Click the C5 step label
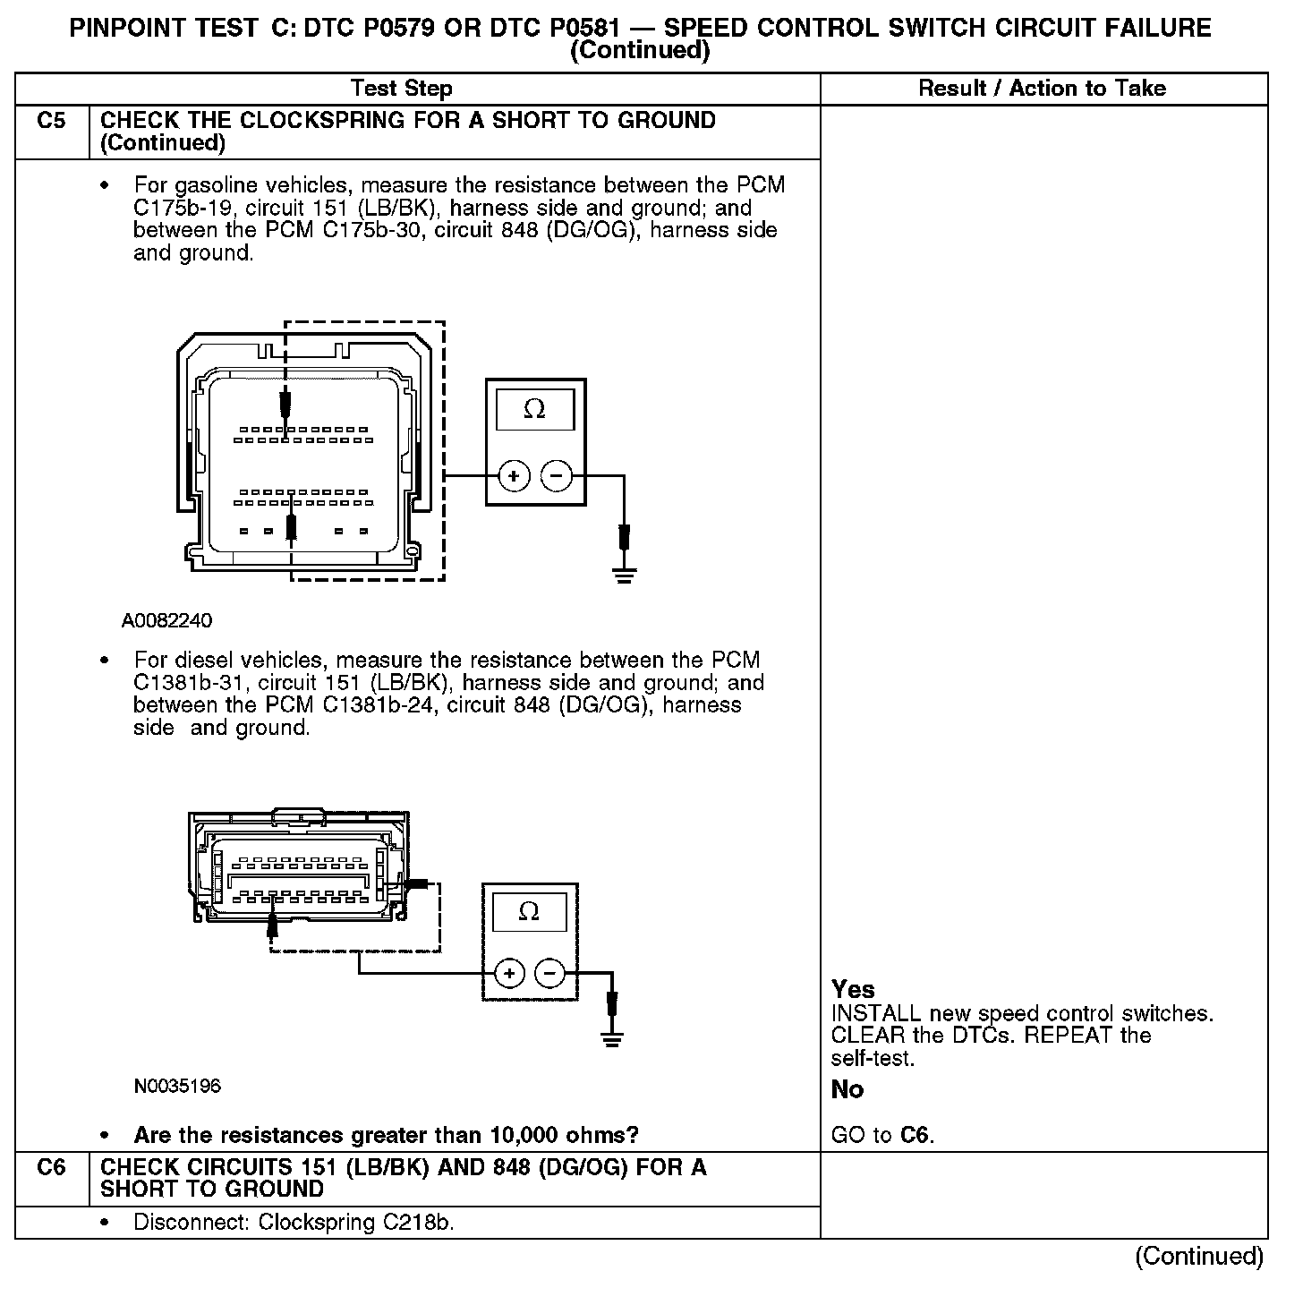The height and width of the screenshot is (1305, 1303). pos(52,121)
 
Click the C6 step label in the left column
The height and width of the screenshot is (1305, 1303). pos(52,1167)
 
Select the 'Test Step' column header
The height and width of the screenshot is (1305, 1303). pos(402,88)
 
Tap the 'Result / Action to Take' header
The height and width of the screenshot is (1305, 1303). pos(1043,88)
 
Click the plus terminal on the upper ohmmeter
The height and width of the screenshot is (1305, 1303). pos(514,476)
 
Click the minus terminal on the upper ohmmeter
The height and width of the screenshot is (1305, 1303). pos(557,476)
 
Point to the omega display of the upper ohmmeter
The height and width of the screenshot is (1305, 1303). pos(534,409)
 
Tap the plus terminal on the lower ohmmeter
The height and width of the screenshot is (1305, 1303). pos(509,973)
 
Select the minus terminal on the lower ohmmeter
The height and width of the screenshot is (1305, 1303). pos(550,973)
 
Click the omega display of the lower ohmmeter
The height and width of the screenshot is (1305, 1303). pos(529,912)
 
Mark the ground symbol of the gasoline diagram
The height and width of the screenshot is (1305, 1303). pos(625,574)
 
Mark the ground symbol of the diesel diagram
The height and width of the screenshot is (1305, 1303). pos(612,1039)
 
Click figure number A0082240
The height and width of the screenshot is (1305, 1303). pos(167,620)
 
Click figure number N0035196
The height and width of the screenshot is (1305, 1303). pos(177,1086)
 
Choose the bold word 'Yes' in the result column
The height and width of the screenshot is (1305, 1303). pos(853,989)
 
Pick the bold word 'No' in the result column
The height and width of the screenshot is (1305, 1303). pos(847,1089)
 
